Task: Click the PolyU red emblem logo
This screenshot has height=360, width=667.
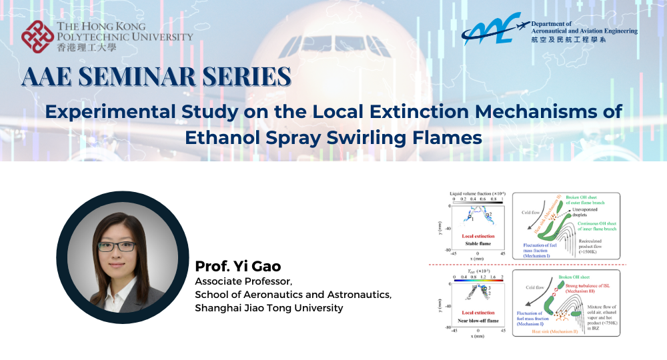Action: click(37, 37)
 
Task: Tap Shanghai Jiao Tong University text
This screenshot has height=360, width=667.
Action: click(269, 307)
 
